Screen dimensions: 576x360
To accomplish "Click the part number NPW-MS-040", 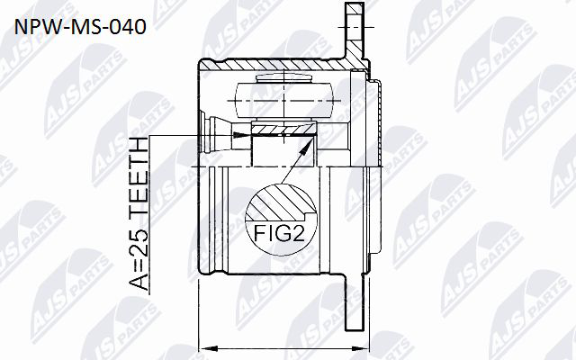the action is tap(80, 27).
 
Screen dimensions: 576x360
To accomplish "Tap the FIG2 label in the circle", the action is tap(280, 233).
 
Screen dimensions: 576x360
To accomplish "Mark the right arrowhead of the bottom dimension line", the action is tap(360, 347).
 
